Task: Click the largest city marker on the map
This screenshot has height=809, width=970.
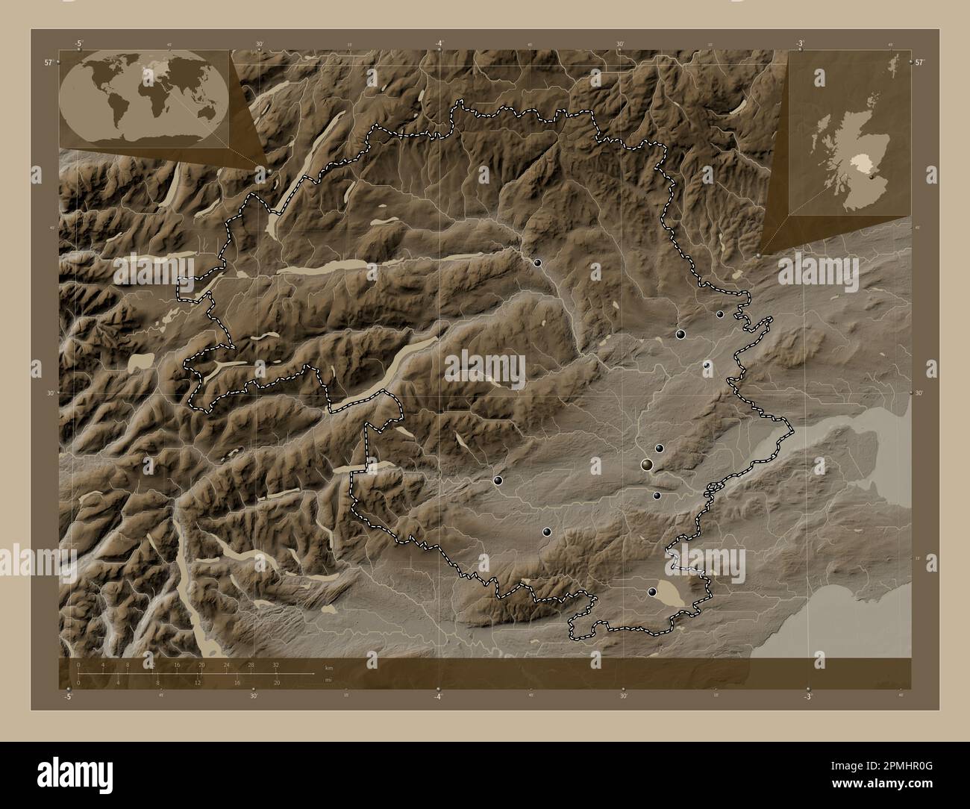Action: tap(647, 465)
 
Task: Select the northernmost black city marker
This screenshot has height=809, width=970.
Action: tap(537, 263)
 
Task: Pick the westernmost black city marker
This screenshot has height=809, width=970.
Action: tap(498, 481)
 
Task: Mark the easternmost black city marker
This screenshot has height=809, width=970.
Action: tap(720, 314)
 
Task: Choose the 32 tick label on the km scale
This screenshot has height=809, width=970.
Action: tap(276, 664)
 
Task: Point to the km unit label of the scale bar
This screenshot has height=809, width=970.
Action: tap(329, 667)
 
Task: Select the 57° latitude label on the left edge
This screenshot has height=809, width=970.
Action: tap(48, 63)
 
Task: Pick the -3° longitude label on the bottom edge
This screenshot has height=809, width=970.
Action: tap(807, 696)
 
